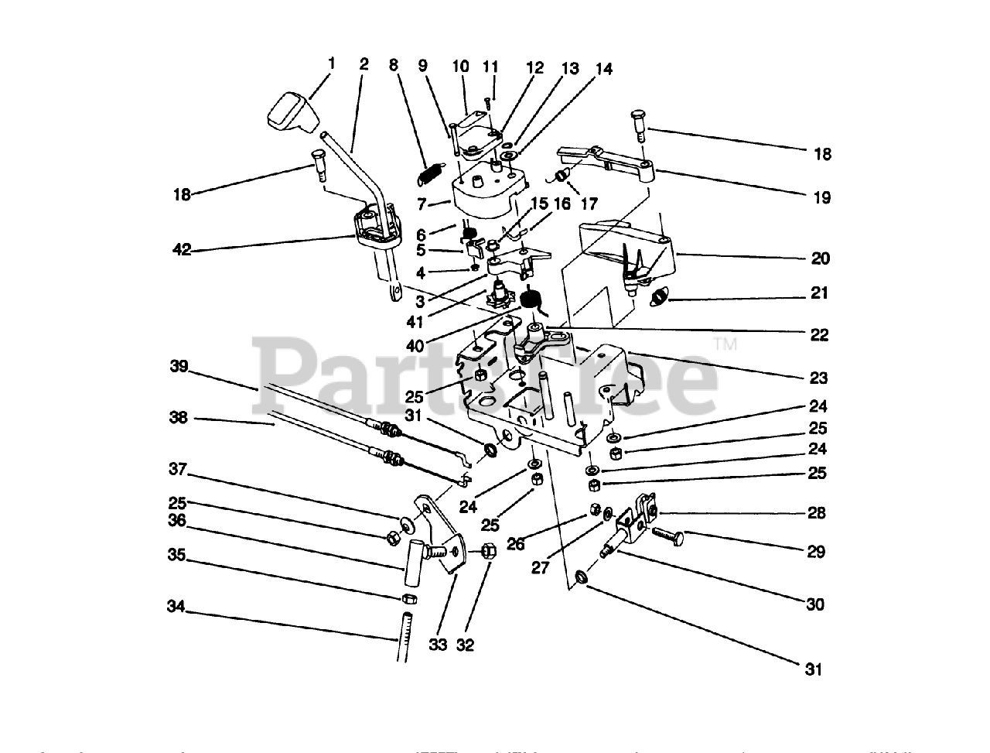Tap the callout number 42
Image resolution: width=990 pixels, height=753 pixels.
click(x=182, y=249)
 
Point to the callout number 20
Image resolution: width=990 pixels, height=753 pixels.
click(x=820, y=258)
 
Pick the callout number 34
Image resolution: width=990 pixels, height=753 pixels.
click(x=178, y=608)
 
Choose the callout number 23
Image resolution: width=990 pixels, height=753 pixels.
click(x=818, y=378)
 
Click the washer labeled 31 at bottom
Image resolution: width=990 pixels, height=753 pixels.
click(x=582, y=577)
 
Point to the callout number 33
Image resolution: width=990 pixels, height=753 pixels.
click(x=438, y=644)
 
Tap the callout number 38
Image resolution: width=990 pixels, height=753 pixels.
click(x=179, y=417)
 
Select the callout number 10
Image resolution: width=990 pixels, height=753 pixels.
click(x=461, y=67)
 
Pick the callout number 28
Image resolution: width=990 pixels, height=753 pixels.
click(x=816, y=512)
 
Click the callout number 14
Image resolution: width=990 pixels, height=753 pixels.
click(x=604, y=70)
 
